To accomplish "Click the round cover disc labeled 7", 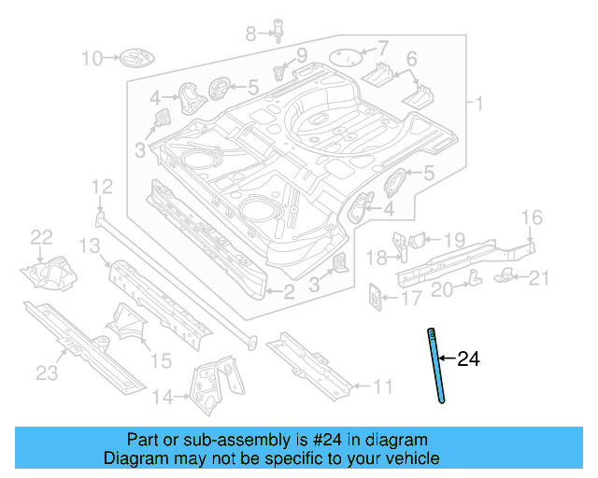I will coord(347,57).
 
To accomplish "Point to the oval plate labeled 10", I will coord(134,60).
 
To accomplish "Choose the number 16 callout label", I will coord(531,218).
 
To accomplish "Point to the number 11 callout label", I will coord(382,386).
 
